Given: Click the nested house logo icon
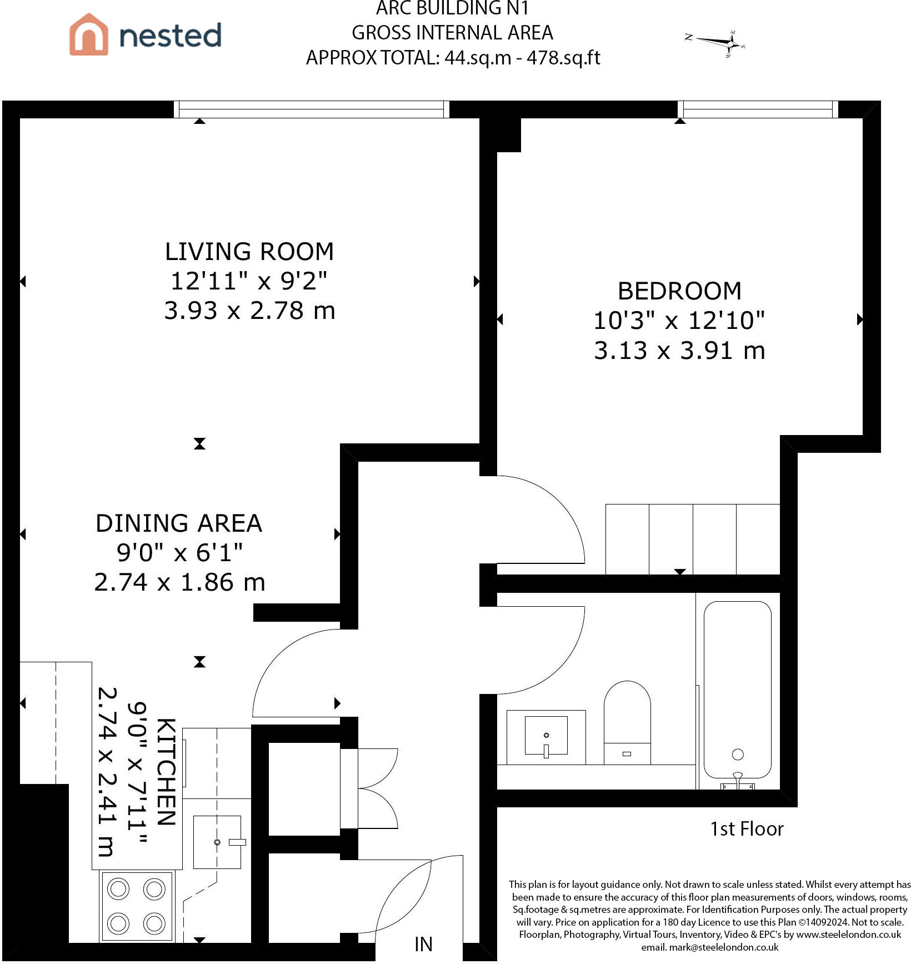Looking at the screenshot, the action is [89, 34].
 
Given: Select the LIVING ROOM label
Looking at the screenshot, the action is [249, 251].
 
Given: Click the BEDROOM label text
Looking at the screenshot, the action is [679, 291].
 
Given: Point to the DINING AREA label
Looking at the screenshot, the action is [179, 523].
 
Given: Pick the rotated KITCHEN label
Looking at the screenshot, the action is [166, 772].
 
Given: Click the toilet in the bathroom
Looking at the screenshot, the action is [627, 722].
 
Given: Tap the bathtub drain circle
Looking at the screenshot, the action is [738, 754].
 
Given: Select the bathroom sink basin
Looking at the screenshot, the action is [546, 735].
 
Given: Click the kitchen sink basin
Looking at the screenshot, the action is [217, 842].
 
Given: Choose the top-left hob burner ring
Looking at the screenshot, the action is [118, 889].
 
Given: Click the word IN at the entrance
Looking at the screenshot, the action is [423, 944].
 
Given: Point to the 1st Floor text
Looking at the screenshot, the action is [747, 829].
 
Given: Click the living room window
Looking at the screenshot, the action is [312, 109].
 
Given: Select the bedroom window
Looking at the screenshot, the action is [758, 109].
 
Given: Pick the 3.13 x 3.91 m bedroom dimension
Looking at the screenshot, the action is [679, 351].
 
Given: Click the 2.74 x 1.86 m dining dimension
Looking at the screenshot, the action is [179, 582].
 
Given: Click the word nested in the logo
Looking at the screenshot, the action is [170, 36].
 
